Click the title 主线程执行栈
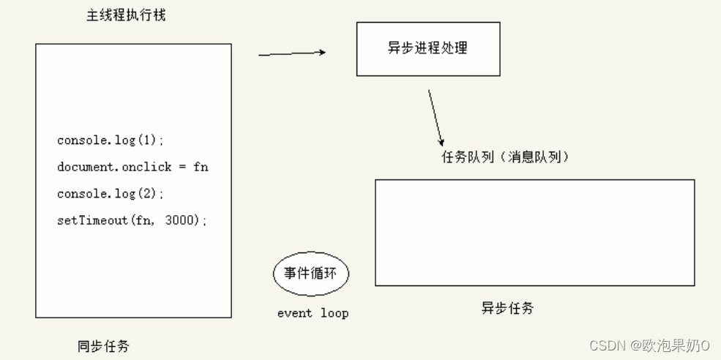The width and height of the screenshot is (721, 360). [126, 15]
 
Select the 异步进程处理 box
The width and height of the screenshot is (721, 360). [428, 49]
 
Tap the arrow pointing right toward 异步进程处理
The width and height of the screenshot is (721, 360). [292, 53]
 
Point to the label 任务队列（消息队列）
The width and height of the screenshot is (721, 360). [505, 157]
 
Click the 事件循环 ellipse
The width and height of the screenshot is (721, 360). [311, 275]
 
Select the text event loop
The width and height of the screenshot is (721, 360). [313, 313]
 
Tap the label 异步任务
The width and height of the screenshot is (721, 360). [507, 308]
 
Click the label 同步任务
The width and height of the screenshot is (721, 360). [103, 346]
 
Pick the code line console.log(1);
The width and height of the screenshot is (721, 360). [111, 140]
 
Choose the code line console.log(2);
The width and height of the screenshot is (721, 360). [111, 194]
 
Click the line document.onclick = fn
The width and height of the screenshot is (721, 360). [132, 167]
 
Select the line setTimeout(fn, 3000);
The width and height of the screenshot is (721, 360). [132, 220]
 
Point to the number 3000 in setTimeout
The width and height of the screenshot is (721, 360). [182, 220]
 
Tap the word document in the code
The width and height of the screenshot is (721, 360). [86, 167]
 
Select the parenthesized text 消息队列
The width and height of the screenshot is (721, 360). [537, 157]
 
